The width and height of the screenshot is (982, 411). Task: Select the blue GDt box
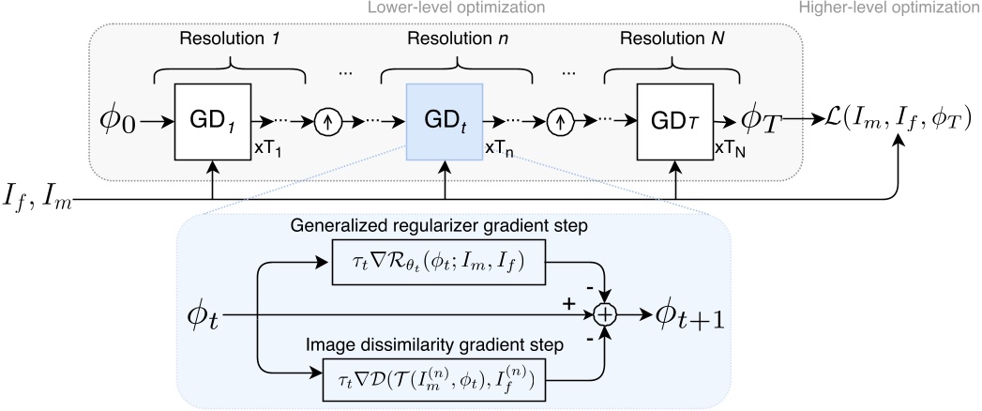[445, 121]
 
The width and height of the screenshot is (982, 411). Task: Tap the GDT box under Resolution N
[675, 121]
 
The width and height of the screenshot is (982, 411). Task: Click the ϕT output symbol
[761, 121]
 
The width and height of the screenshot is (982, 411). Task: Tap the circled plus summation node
[607, 316]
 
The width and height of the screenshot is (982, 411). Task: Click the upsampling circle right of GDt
[561, 121]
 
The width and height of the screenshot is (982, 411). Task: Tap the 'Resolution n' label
[446, 42]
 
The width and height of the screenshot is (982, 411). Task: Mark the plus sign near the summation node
[567, 305]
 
